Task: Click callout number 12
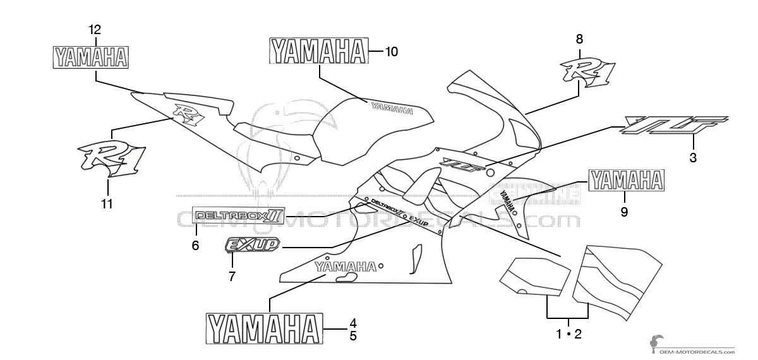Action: tap(95, 29)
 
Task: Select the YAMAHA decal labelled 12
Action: tap(91, 57)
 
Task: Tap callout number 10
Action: tap(391, 52)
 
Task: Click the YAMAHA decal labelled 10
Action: tap(318, 51)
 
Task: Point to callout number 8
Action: tap(579, 39)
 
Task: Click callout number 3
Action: tap(693, 158)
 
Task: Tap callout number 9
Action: tap(624, 212)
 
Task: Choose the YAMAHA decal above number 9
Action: tap(626, 181)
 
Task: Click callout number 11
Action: tap(107, 203)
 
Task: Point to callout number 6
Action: tap(195, 245)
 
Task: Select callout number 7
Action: tap(232, 276)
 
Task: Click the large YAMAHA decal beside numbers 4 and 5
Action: tap(262, 329)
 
